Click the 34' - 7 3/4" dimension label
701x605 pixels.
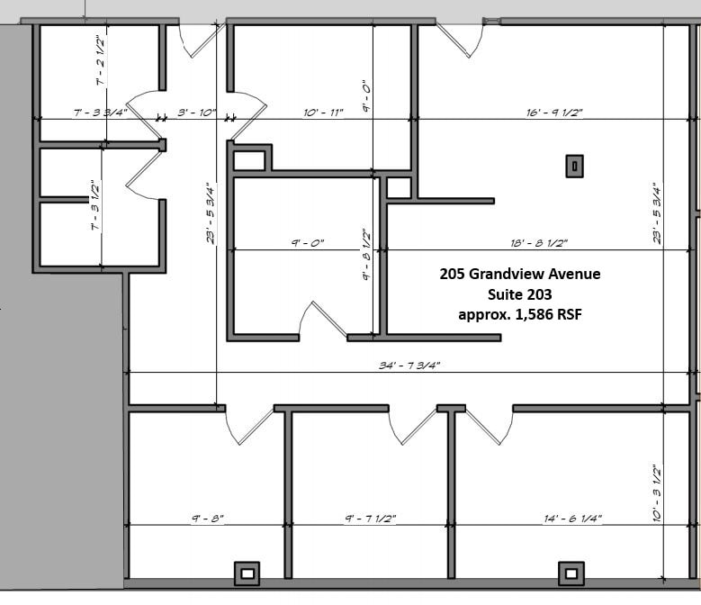pos(409,366)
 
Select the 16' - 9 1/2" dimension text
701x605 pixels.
pos(554,113)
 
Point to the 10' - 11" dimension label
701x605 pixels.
pos(323,113)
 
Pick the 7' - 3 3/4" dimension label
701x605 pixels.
pos(100,113)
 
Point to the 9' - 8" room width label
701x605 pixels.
pos(207,519)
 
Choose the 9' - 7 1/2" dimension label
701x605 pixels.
pos(370,519)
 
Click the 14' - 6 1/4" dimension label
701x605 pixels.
pos(572,519)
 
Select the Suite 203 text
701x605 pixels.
pos(519,294)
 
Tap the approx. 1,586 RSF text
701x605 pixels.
pos(520,314)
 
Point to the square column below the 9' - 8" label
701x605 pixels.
pos(247,572)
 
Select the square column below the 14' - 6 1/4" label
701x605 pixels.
pos(570,572)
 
